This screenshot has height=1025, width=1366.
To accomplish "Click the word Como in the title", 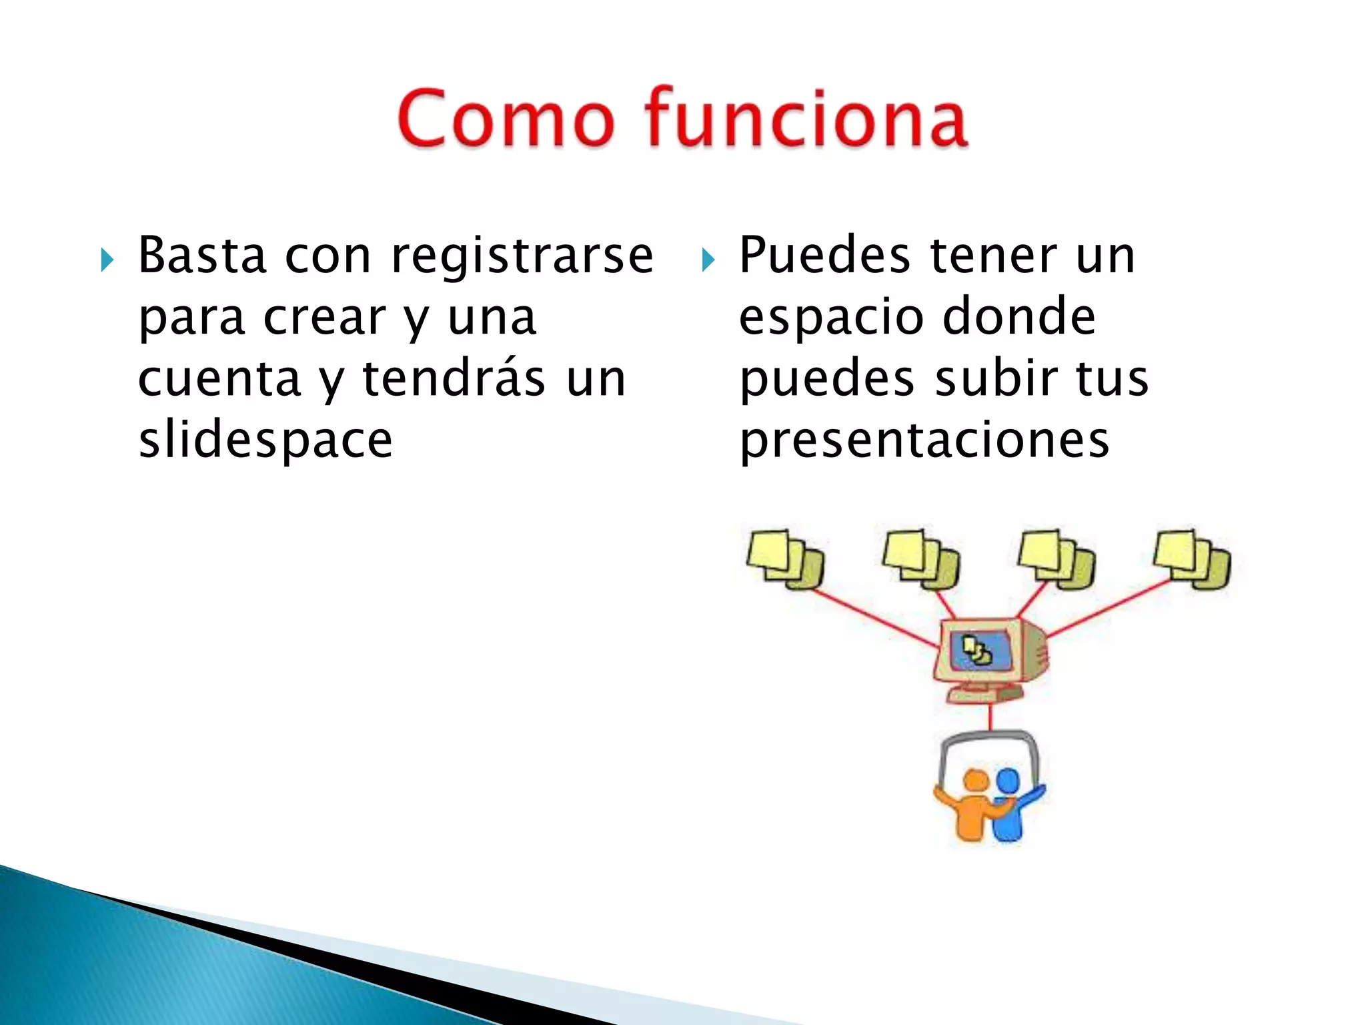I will (x=506, y=119).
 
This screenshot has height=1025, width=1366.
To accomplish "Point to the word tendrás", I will (x=454, y=378).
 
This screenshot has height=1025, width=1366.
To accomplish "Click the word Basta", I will (x=202, y=255).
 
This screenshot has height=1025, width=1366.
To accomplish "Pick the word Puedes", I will (x=824, y=255).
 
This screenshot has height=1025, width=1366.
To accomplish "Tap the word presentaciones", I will (x=924, y=442).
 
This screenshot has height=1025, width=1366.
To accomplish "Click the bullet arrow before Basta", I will (x=107, y=260).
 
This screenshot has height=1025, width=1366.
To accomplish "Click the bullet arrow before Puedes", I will (x=708, y=260).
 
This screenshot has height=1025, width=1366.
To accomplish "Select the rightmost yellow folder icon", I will (x=1192, y=559).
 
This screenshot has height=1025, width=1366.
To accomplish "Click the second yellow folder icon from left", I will (x=921, y=559).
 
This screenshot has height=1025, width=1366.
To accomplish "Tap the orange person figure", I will (x=974, y=807).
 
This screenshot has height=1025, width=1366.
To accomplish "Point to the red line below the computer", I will (x=990, y=717).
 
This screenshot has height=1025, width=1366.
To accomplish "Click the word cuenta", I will (x=219, y=378).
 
